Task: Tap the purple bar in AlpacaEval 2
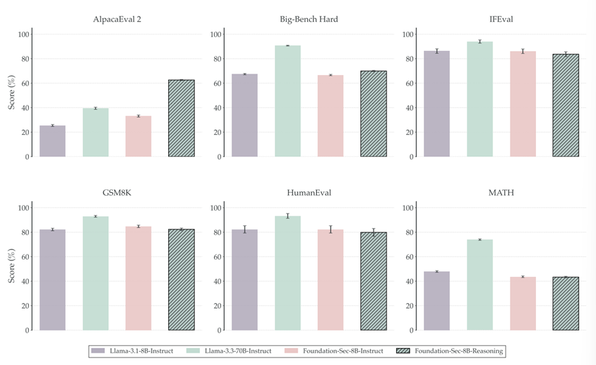click(52, 141)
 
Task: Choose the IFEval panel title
click(501, 19)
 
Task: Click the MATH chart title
click(501, 193)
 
